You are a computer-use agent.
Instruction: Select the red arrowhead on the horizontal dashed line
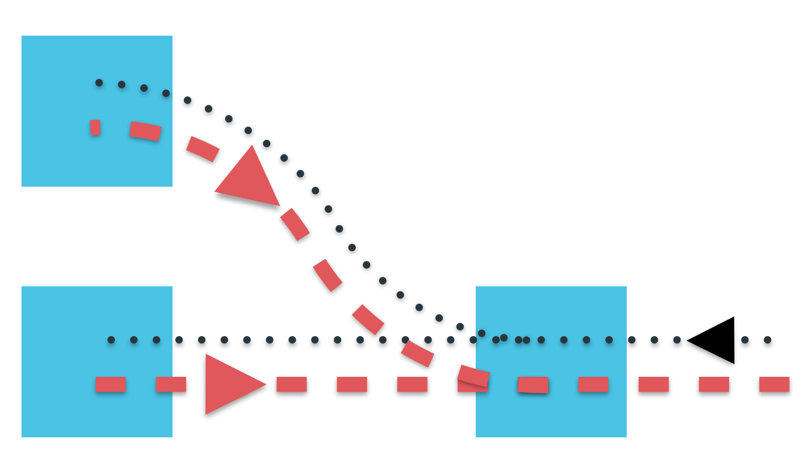229,384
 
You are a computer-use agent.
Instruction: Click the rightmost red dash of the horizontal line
774,384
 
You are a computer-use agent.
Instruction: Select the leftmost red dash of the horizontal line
110,384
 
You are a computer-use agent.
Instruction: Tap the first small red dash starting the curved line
95,127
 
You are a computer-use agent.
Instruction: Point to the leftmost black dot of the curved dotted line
99,83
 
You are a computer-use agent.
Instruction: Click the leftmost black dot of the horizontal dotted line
111,340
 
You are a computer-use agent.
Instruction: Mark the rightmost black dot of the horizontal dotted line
768,340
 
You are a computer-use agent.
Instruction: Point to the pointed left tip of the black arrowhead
688,341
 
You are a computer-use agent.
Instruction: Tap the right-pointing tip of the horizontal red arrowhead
265,385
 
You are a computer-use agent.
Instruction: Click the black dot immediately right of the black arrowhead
745,340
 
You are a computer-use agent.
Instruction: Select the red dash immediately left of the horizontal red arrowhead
171,384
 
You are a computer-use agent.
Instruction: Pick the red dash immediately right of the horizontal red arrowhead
291,384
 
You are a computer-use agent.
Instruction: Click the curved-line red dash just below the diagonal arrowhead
295,224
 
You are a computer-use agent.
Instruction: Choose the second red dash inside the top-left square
145,131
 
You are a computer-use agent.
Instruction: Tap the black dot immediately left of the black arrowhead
677,340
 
